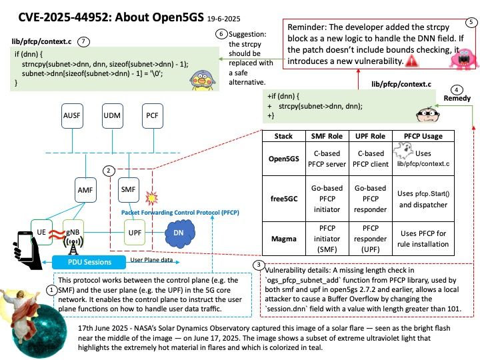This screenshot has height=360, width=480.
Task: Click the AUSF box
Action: pos(72,116)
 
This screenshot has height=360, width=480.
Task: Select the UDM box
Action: pos(113,116)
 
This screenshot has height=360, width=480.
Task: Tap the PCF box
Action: pos(153,116)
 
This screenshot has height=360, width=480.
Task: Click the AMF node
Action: pos(85,190)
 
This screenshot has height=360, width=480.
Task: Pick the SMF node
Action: pos(129,190)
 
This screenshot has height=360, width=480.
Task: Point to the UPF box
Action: pos(135,233)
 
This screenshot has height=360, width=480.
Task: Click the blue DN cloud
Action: pos(180,233)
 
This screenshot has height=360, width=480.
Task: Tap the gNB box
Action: pos(73,232)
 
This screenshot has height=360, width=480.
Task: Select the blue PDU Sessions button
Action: pos(89,263)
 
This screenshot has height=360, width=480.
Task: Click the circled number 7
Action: pos(83,41)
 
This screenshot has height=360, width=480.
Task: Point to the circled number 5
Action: pos(471,23)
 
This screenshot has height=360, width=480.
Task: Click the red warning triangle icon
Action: pos(412,61)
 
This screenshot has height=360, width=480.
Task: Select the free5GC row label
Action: pos(284,199)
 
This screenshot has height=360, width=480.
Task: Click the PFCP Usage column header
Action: pos(423,136)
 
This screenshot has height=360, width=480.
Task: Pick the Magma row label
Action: pos(284,239)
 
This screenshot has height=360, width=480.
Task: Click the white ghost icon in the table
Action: pos(403,150)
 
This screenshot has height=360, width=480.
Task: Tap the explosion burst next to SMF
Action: pos(151,198)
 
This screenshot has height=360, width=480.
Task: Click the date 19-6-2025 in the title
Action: pos(224,19)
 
